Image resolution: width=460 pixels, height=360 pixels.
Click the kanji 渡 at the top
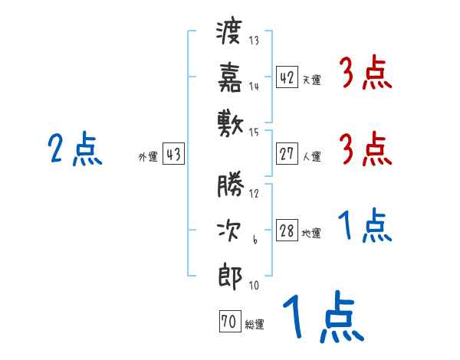230,34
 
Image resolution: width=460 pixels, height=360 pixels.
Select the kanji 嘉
230,77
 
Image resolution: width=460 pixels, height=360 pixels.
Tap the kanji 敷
230,119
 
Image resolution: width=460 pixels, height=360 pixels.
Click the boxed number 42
287,77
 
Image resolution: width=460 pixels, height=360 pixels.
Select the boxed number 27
287,154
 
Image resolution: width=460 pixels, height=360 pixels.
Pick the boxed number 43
173,154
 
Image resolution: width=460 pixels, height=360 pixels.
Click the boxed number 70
229,322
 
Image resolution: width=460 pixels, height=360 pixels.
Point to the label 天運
311,80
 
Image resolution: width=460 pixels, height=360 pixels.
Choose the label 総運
254,325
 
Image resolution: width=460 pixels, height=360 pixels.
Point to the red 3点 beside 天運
365,74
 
